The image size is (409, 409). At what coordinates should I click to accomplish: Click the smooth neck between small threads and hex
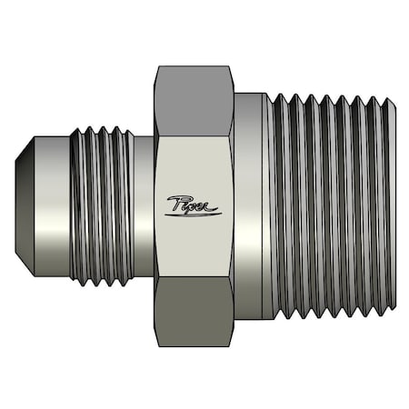click(143, 204)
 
